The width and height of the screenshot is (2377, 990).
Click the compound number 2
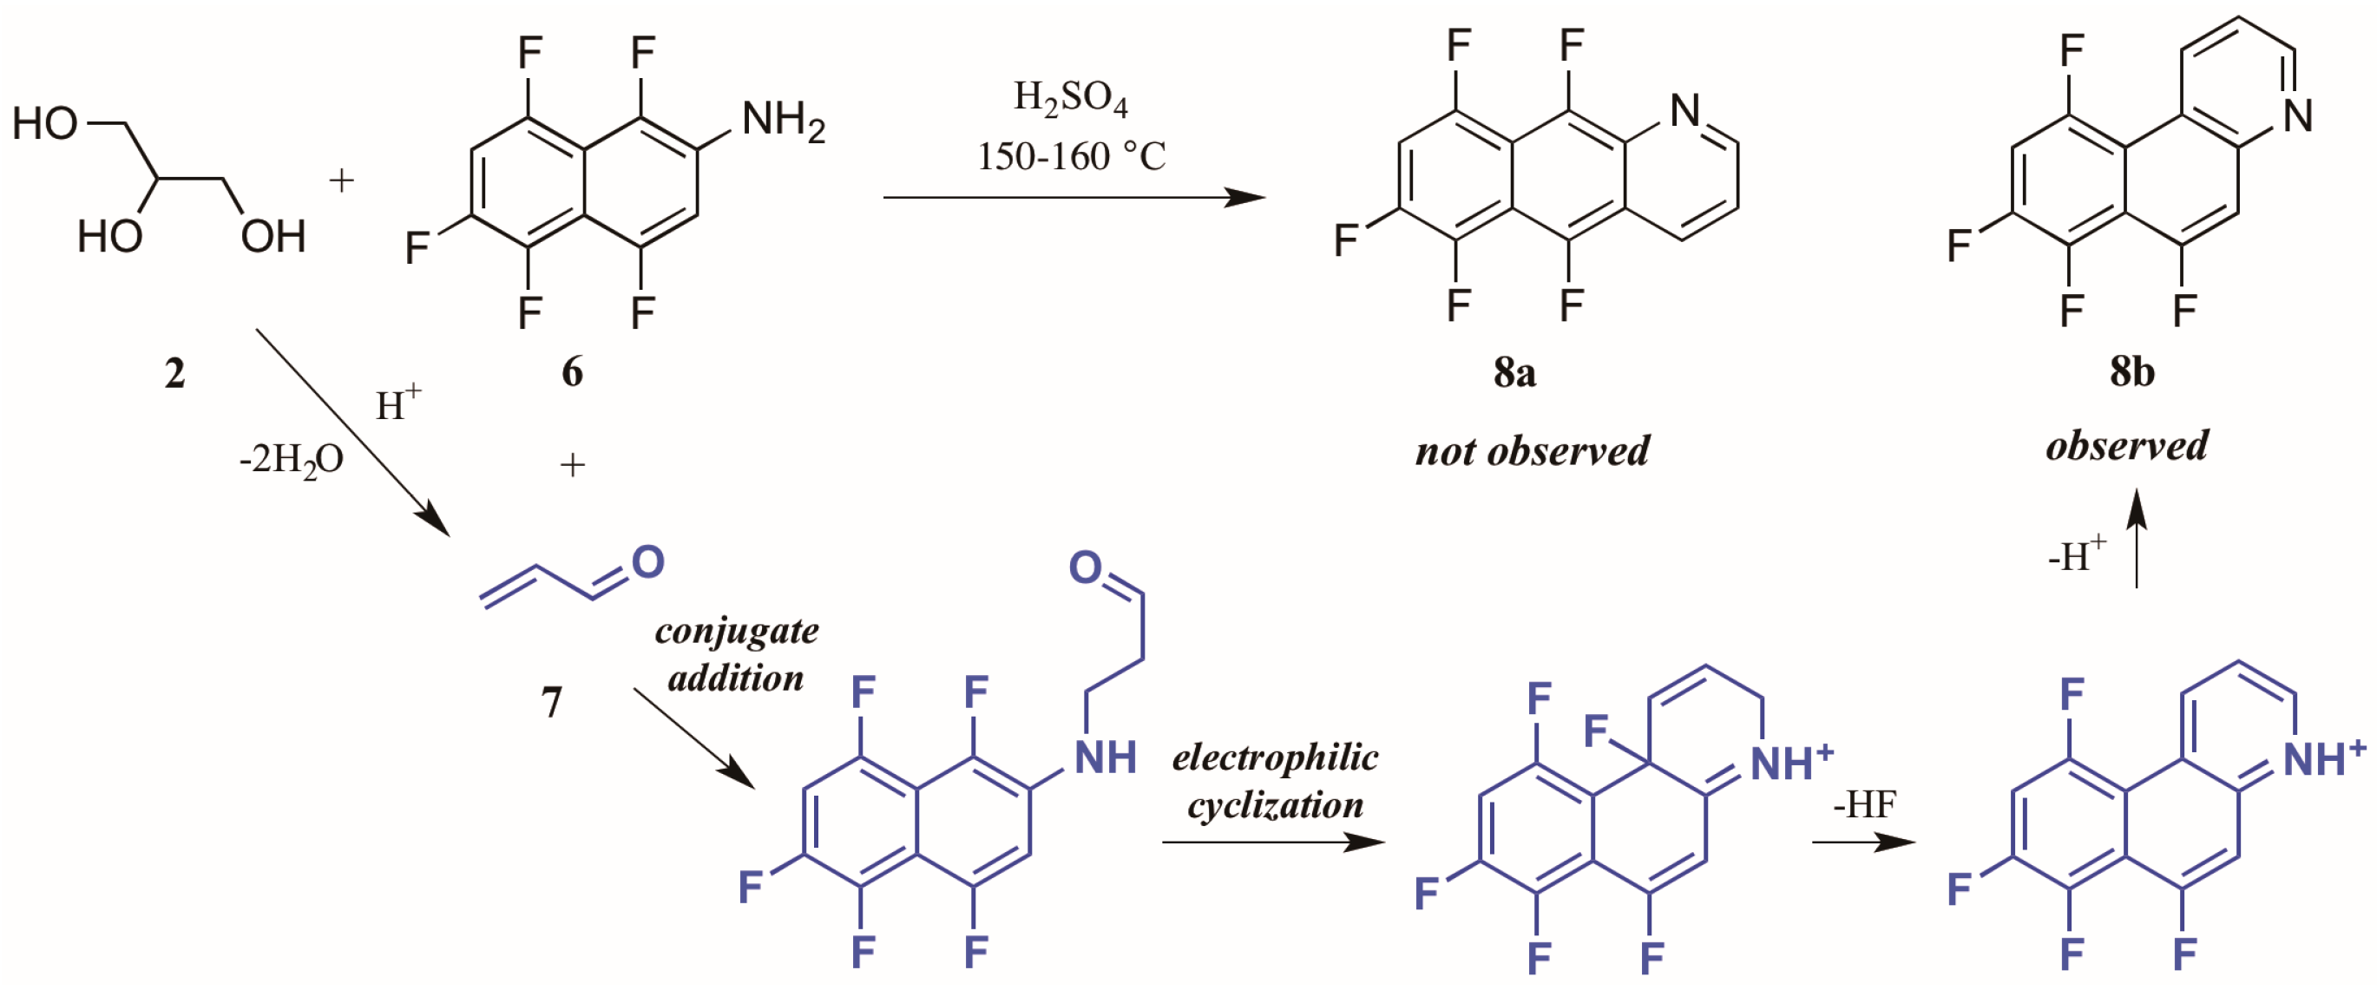(x=174, y=374)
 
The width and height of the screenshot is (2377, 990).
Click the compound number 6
(x=572, y=372)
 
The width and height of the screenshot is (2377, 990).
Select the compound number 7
(x=552, y=703)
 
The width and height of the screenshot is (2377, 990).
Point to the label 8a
(x=1514, y=372)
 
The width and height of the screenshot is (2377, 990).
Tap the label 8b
(x=2131, y=372)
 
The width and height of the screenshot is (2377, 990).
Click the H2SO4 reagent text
(x=1070, y=98)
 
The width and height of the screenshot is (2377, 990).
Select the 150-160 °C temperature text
(x=1071, y=157)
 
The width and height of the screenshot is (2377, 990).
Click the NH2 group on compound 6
(x=783, y=121)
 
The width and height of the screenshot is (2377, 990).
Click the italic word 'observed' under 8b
(x=2127, y=447)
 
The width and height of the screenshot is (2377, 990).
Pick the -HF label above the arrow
(x=1864, y=804)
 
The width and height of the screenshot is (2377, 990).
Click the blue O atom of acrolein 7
(x=647, y=562)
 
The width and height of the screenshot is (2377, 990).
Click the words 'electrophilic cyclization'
(x=1275, y=782)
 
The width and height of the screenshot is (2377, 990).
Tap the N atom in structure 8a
(x=1685, y=112)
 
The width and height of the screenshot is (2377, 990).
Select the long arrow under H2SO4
(x=1074, y=196)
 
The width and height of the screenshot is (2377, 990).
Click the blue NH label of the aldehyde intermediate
(x=1106, y=758)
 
